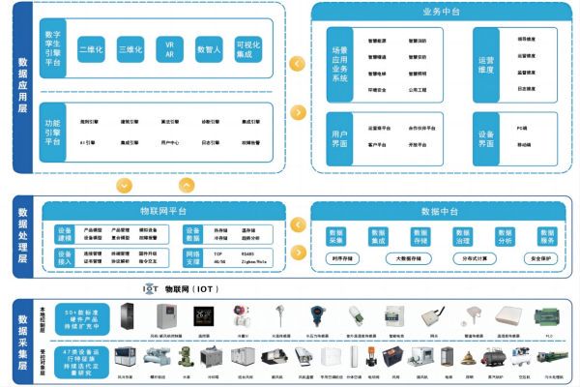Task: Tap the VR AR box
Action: click(169, 48)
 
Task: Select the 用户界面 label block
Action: click(339, 138)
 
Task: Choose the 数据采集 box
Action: click(336, 237)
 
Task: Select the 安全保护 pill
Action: click(543, 259)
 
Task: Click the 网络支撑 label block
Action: click(193, 256)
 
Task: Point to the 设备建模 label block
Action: click(66, 235)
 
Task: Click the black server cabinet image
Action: click(128, 317)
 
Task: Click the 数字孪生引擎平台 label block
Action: click(53, 48)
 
